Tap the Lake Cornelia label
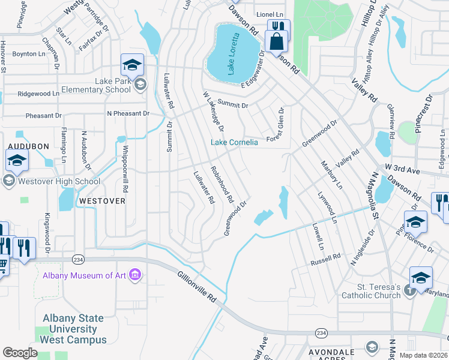pyautogui.click(x=234, y=142)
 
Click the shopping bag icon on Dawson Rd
pyautogui.click(x=277, y=42)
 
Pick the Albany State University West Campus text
pyautogui.click(x=73, y=329)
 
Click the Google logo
pyautogui.click(x=20, y=352)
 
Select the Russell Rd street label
pyautogui.click(x=325, y=259)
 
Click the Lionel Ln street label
pyautogui.click(x=270, y=14)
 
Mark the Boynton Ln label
pyautogui.click(x=29, y=53)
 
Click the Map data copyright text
pyautogui.click(x=423, y=355)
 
